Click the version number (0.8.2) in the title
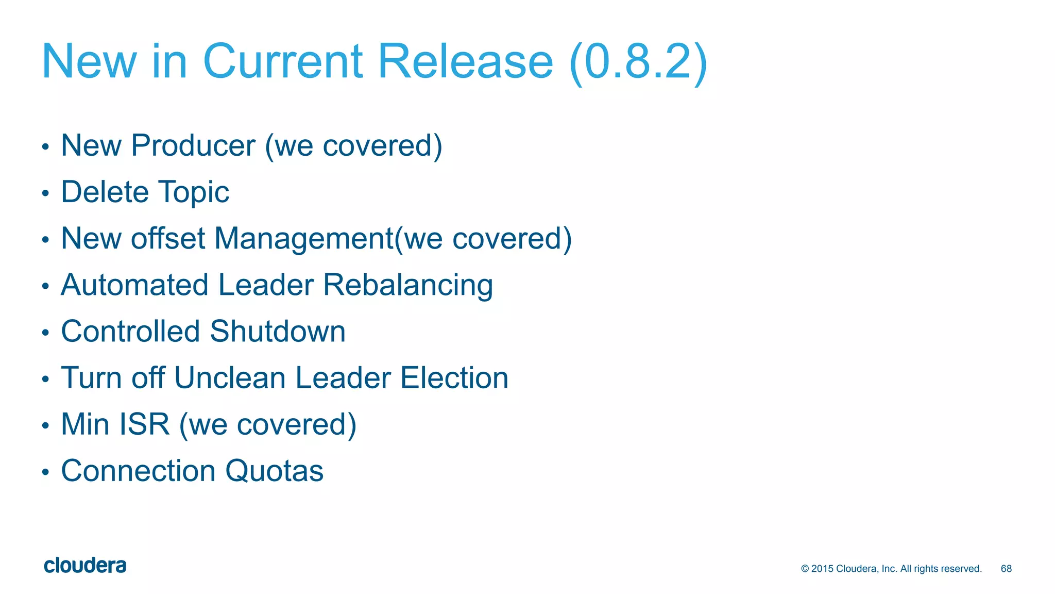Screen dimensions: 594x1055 click(639, 62)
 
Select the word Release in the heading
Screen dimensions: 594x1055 click(465, 62)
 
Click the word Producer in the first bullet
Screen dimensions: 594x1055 click(193, 145)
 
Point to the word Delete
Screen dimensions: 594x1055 click(105, 192)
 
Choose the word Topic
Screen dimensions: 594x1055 click(194, 193)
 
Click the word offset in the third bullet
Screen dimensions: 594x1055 click(168, 238)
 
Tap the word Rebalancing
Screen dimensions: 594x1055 click(408, 286)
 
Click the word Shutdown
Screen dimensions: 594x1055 click(278, 331)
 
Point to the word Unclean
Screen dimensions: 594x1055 click(230, 377)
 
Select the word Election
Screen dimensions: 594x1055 click(454, 377)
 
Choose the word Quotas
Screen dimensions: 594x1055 click(274, 471)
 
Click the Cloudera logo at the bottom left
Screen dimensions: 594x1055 click(85, 566)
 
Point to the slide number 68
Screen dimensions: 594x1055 click(1006, 569)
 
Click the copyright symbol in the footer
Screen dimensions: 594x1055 click(805, 569)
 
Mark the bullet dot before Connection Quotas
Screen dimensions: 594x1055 click(45, 472)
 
